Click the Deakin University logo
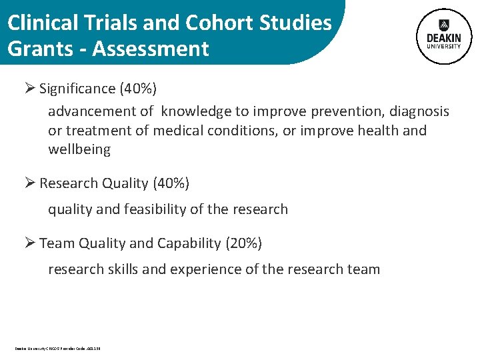pos(443,36)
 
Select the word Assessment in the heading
pos(151,49)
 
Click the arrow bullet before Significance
pos(29,88)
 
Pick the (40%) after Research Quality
pos(171,183)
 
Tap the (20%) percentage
pos(244,243)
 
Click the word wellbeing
pos(79,149)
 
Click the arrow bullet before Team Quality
pos(29,243)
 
